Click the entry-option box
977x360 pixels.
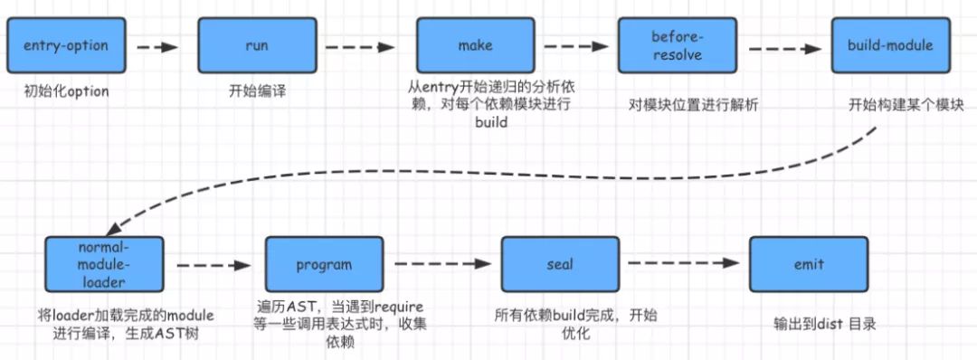tap(65, 45)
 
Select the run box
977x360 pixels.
tap(257, 45)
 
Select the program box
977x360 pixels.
tap(323, 266)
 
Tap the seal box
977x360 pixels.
tap(560, 266)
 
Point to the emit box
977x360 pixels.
tap(808, 266)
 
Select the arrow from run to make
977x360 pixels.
tap(361, 45)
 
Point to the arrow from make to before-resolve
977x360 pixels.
tap(574, 45)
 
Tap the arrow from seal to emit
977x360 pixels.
tap(683, 264)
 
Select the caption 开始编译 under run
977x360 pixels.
tap(257, 91)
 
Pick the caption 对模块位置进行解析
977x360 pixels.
tap(693, 105)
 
